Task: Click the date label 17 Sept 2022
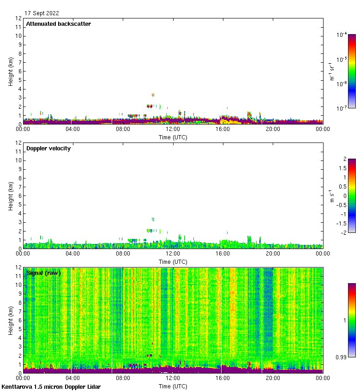(x=42, y=13)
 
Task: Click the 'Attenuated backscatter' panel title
(x=58, y=24)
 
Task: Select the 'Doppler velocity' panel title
(x=48, y=148)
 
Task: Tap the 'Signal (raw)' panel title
(x=43, y=273)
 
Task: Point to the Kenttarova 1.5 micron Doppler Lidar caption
(x=51, y=386)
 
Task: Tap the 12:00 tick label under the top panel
(x=173, y=129)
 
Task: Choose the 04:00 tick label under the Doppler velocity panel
(x=73, y=254)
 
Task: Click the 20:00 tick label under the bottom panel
(x=273, y=378)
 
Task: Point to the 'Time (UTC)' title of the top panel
(x=173, y=137)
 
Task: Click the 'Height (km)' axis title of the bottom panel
(x=11, y=320)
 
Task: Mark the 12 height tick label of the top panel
(x=19, y=18)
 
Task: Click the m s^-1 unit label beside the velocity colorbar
(x=331, y=196)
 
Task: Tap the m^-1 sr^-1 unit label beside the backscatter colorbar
(x=331, y=71)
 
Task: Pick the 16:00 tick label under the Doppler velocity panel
(x=223, y=254)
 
